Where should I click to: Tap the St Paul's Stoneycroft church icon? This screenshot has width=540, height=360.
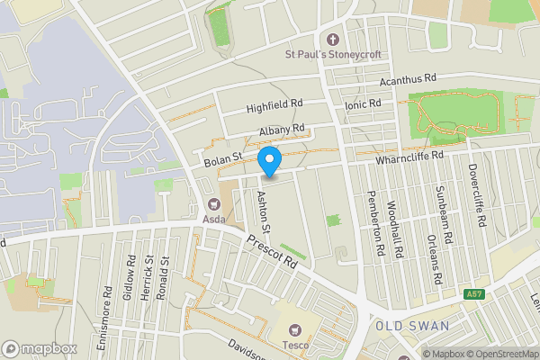(333, 40)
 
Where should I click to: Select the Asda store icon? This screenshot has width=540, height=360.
(213, 204)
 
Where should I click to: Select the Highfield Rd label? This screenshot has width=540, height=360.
(275, 107)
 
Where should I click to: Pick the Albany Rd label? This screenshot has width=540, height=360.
(282, 130)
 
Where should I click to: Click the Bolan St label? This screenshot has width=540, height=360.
(223, 158)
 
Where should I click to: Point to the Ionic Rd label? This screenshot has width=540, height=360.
(363, 104)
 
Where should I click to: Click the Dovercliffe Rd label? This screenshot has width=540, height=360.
(476, 194)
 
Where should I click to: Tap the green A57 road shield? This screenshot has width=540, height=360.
(474, 294)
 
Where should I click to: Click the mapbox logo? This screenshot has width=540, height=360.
(39, 348)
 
